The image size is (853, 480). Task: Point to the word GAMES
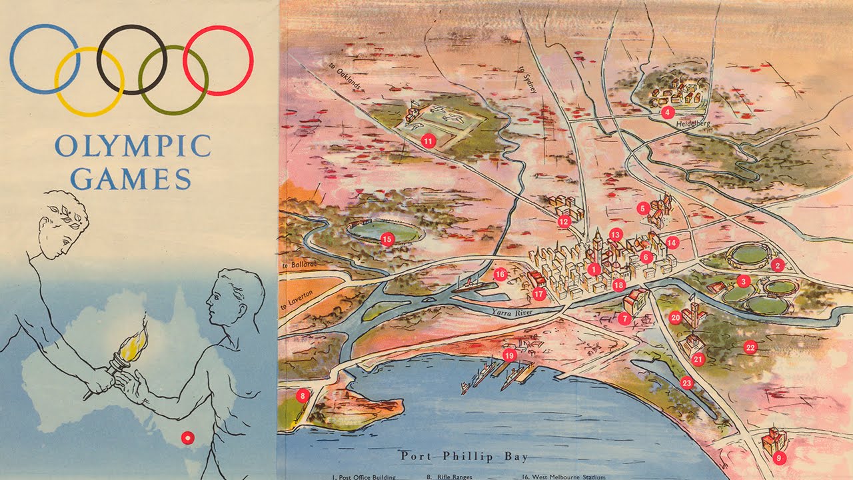click(x=131, y=178)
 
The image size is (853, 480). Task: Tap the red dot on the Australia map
click(x=187, y=438)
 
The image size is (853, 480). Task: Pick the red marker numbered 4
click(x=667, y=113)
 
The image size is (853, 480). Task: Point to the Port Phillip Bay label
click(x=464, y=457)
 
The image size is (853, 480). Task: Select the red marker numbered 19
click(x=510, y=356)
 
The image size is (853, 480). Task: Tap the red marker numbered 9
click(x=778, y=458)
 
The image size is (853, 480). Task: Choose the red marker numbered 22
click(x=750, y=347)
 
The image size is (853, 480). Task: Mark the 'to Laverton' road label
click(x=298, y=301)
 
